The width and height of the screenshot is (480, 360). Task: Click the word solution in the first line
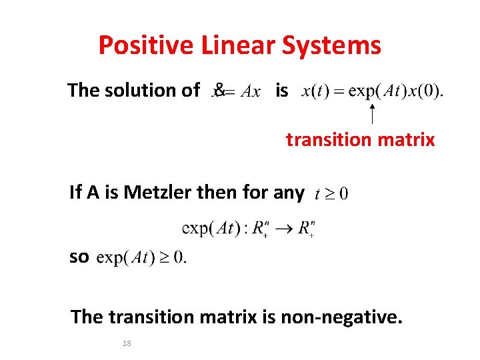151,90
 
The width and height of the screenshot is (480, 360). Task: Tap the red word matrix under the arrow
406,140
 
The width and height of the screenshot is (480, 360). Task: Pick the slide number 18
127,343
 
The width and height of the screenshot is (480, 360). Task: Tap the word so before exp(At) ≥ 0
79,257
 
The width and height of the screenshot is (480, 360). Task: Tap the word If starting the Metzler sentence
75,193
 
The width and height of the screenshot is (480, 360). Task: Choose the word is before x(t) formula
282,90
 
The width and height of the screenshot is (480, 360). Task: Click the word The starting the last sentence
87,317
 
